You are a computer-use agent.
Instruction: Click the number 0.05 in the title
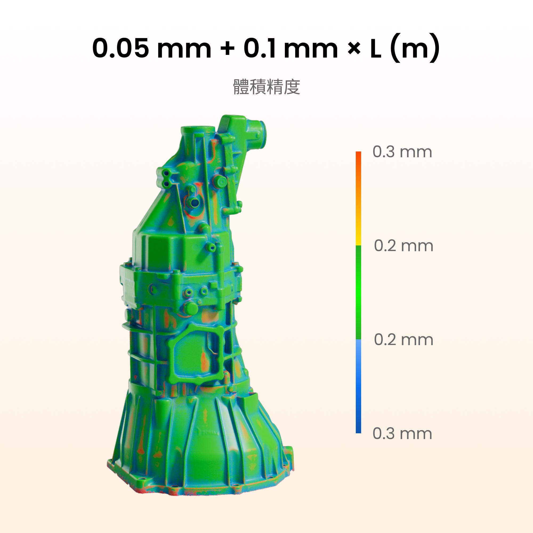(120, 48)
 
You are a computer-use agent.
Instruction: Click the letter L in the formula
(376, 48)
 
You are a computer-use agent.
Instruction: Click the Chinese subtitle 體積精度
(266, 87)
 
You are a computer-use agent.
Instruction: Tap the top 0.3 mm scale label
(402, 152)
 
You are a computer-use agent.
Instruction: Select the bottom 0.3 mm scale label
(402, 434)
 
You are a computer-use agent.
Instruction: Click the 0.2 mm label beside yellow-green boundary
(403, 245)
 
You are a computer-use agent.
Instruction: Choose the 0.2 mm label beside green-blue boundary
(403, 339)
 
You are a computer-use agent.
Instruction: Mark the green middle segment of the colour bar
(358, 292)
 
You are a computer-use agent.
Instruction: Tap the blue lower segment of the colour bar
(358, 386)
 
